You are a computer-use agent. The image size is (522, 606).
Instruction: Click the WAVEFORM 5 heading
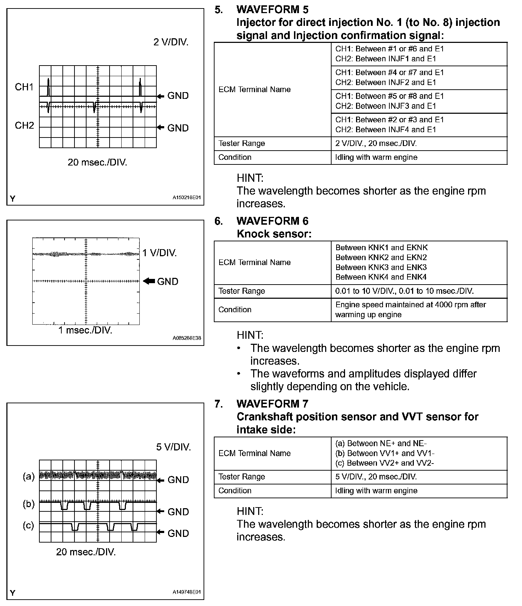(272, 10)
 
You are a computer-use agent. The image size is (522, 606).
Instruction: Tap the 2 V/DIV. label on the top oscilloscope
(171, 42)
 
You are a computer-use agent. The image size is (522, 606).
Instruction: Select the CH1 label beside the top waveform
(24, 87)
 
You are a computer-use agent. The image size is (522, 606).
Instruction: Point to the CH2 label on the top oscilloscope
(24, 125)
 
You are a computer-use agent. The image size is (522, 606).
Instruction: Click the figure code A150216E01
(187, 197)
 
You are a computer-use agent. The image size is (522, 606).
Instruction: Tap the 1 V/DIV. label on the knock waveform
(160, 253)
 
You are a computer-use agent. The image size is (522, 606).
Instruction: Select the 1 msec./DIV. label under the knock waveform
(85, 330)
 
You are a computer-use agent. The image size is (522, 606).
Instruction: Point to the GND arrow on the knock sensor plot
(149, 281)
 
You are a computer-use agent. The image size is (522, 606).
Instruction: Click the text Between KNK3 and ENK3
(381, 267)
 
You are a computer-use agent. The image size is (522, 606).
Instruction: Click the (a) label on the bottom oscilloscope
(29, 477)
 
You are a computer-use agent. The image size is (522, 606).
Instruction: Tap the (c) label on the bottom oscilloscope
(28, 525)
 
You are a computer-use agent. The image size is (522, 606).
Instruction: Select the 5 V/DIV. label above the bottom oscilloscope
(173, 447)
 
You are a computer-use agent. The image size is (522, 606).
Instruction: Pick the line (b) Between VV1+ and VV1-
(385, 453)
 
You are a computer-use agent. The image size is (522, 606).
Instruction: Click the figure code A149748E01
(187, 592)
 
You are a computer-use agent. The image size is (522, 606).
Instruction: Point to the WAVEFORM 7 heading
(272, 404)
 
